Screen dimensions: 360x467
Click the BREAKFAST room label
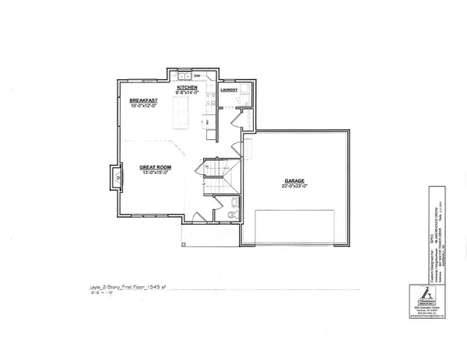(143, 100)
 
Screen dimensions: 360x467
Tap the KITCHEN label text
(188, 88)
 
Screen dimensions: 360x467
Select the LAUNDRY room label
(228, 89)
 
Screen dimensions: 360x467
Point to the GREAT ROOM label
(156, 166)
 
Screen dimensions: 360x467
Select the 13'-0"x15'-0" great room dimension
(156, 173)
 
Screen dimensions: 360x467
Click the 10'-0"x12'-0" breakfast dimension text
(143, 106)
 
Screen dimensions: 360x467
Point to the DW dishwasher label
(197, 76)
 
